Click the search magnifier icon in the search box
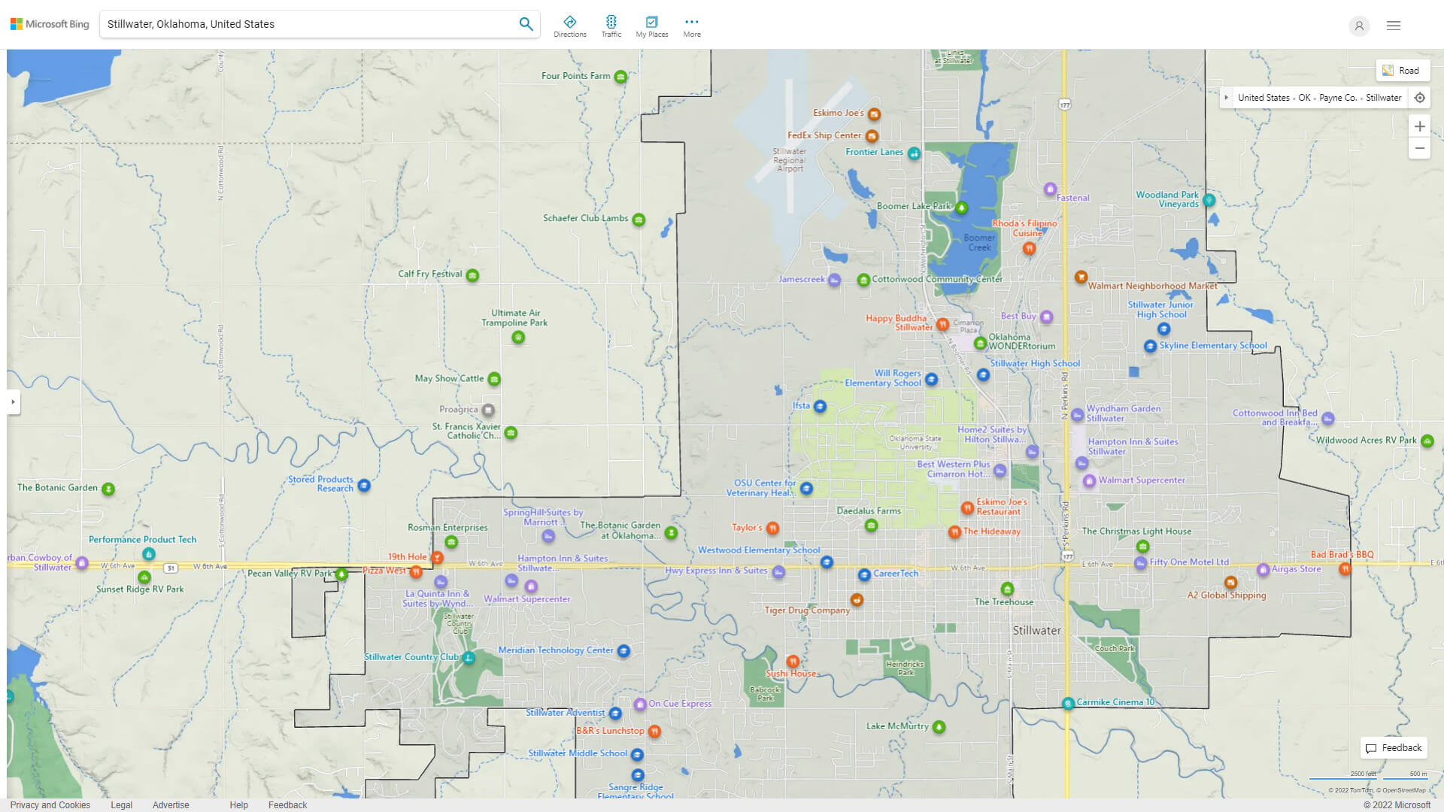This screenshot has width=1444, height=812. pos(526,24)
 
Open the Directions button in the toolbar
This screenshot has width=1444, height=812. pos(570,26)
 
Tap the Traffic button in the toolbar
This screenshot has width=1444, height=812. pos(611,26)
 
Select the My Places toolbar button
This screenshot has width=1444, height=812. pos(651,26)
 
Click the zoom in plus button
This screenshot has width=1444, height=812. pos(1419,126)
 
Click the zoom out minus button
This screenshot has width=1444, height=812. pos(1419,148)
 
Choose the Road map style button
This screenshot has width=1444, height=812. pos(1402,71)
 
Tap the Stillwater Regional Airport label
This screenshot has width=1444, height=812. pos(790,160)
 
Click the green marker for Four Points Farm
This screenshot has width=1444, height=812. pos(620,77)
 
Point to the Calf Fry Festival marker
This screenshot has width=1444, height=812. pos(472,275)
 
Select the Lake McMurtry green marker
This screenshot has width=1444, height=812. pos(939,727)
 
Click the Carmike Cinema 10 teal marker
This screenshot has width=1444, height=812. pos(1068,704)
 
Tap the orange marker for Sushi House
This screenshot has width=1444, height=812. pos(793,662)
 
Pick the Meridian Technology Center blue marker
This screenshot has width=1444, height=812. pos(623,651)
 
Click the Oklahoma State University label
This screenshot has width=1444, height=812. pos(915,443)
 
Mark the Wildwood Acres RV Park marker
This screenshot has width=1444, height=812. pos(1427,441)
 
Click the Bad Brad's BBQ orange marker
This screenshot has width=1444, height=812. pos(1345,569)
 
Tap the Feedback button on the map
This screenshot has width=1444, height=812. pos(1394,748)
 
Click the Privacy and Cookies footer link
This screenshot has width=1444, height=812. pos(50,805)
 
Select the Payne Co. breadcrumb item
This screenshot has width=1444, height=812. pos(1337,98)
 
